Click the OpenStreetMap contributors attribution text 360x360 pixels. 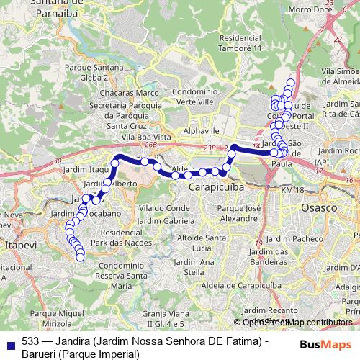pyautogui.click(x=297, y=323)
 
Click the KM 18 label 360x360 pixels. pyautogui.click(x=294, y=189)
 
